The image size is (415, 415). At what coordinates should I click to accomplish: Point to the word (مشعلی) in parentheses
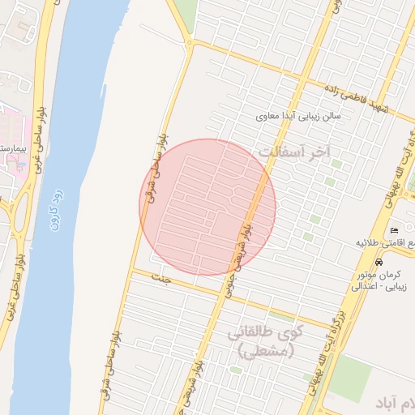point(263,350)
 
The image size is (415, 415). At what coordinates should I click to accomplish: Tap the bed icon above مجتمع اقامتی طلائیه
point(395,231)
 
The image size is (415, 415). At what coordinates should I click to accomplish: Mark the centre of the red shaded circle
point(207,207)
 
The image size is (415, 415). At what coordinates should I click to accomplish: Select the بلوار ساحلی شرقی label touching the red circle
point(154,167)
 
